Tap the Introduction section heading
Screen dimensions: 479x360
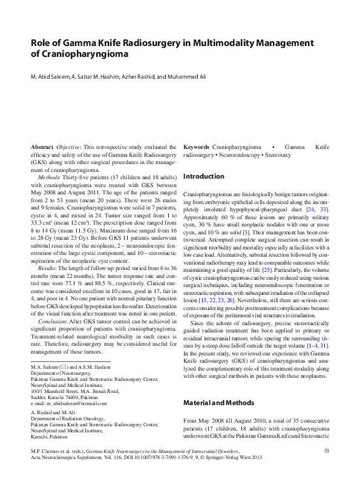point(203,177)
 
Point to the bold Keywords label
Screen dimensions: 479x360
point(196,147)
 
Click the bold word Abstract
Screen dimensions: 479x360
point(42,147)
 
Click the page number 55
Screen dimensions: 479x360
point(327,451)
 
